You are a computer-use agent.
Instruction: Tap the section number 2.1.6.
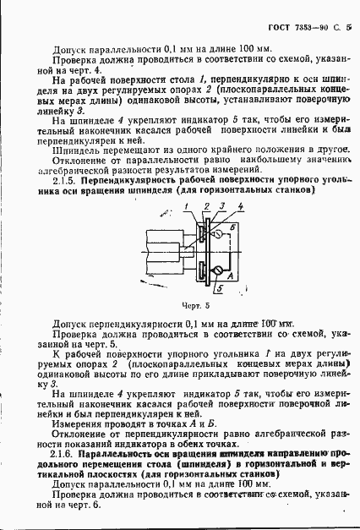tap(67, 454)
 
